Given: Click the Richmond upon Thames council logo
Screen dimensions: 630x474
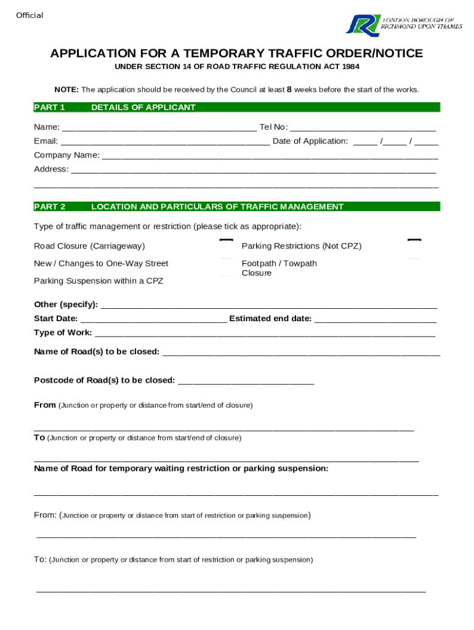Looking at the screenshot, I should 403,24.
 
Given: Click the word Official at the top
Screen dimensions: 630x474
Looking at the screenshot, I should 30,15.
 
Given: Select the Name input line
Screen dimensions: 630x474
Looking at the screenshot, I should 159,128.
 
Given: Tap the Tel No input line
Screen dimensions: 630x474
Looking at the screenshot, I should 363,128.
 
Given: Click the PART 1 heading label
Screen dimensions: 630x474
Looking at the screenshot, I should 49,108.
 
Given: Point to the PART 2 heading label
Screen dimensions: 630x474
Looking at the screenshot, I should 49,207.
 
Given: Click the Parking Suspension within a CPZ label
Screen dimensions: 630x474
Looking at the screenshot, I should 98,281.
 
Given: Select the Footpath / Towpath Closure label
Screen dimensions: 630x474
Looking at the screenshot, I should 279,268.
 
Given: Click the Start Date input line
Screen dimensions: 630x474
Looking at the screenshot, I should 153,319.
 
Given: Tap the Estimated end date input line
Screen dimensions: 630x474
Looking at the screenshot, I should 376,319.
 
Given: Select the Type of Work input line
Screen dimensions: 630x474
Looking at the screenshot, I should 265,333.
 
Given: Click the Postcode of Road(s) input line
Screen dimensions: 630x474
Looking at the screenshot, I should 246,381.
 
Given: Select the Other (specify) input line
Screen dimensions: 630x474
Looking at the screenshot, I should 268,305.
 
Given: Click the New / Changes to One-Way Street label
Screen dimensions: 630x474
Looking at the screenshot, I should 101,264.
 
